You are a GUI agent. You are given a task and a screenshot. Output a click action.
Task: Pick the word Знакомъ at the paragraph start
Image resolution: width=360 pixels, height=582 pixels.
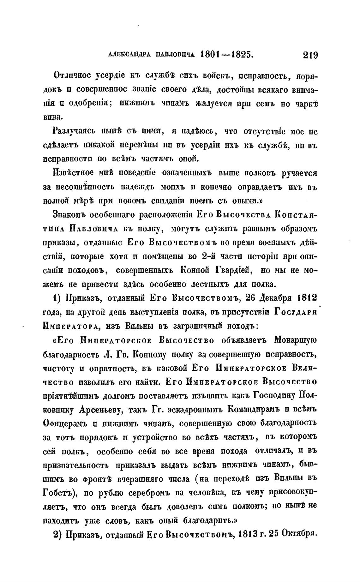(69, 215)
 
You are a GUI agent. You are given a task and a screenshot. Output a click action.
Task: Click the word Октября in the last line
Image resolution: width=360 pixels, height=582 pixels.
(299, 534)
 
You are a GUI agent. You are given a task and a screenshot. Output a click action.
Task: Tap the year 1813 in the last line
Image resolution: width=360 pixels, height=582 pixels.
(247, 534)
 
